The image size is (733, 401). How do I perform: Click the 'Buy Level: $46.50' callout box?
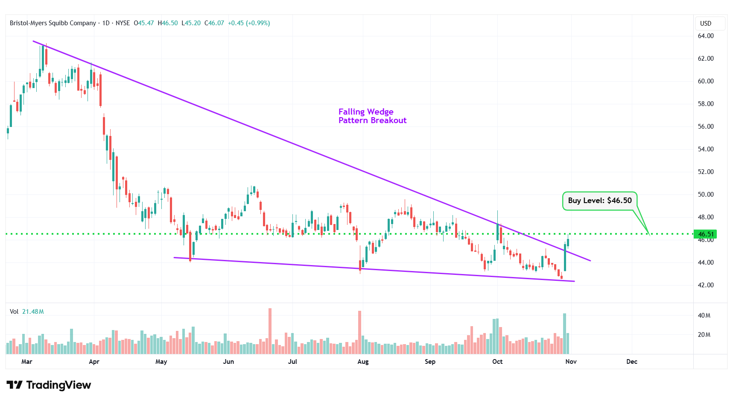click(599, 200)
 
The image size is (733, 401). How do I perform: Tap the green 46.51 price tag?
click(706, 234)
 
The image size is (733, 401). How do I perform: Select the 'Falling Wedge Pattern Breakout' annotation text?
click(372, 116)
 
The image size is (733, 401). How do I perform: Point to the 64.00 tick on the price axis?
click(705, 36)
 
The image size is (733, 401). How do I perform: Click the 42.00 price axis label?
click(705, 285)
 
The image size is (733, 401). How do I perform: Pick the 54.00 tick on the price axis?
click(705, 149)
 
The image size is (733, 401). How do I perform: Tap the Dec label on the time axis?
click(631, 362)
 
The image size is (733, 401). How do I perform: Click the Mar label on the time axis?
click(27, 362)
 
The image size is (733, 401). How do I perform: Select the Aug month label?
click(363, 362)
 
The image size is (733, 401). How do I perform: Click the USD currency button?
click(705, 24)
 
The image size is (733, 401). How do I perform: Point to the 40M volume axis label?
click(704, 315)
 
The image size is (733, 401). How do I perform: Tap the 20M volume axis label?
click(704, 335)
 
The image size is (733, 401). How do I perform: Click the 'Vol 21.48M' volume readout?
click(27, 312)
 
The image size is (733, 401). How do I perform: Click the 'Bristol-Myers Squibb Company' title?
click(53, 23)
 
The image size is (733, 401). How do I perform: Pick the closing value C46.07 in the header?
click(214, 23)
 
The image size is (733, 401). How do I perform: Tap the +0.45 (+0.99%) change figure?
click(248, 23)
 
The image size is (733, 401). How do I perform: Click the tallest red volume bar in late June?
click(270, 331)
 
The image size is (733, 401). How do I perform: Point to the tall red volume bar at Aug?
click(359, 332)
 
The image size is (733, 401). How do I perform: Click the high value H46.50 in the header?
click(168, 23)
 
